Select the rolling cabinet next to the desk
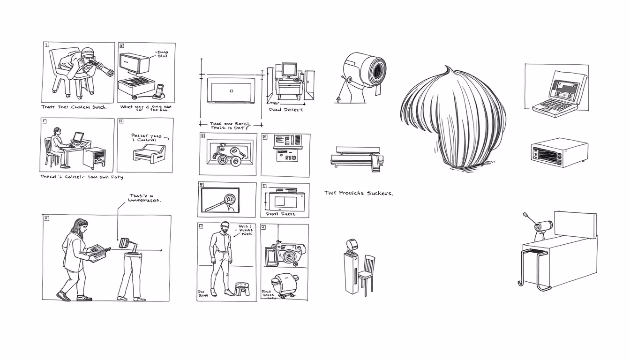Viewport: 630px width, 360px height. point(94,158)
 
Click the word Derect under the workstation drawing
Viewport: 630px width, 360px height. point(293,109)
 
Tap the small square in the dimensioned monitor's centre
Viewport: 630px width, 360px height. point(231,90)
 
